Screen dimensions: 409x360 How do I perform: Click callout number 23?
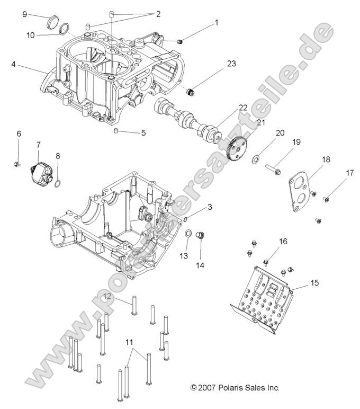click(x=231, y=64)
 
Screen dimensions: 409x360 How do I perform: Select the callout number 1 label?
click(x=216, y=23)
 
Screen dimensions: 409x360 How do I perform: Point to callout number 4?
click(x=13, y=65)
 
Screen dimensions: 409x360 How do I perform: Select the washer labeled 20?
click(x=256, y=158)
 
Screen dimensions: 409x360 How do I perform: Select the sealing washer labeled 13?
click(x=187, y=233)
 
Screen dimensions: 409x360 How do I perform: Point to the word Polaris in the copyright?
click(x=232, y=388)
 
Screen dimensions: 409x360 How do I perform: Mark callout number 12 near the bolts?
click(x=106, y=296)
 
